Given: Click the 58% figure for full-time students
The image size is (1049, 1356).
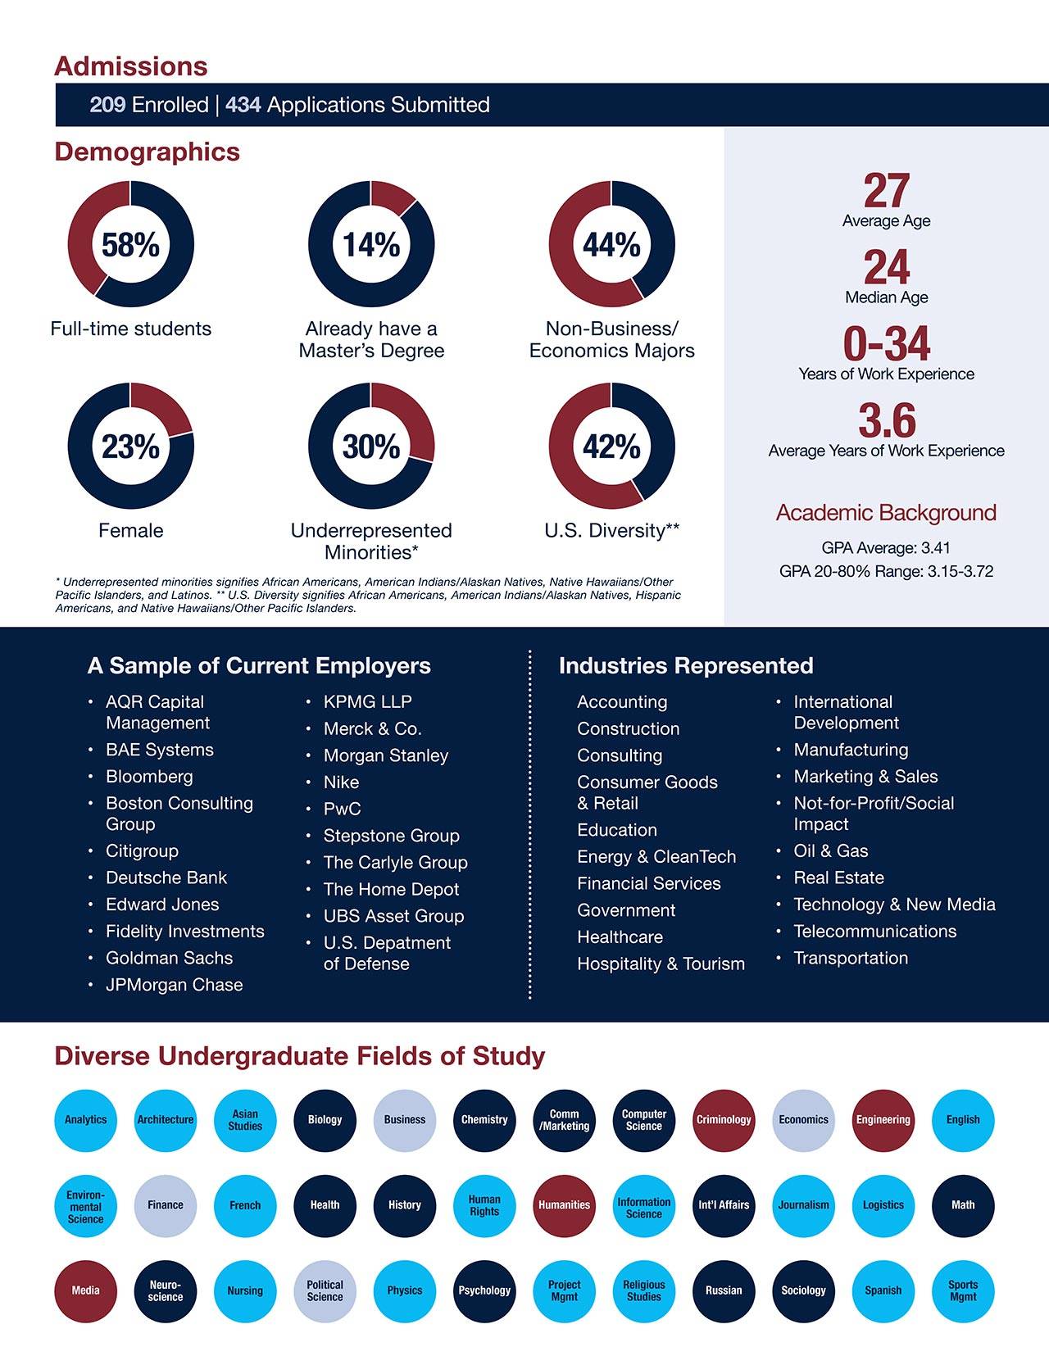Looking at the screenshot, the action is [130, 245].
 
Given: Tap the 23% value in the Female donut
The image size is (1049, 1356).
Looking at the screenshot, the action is [130, 447].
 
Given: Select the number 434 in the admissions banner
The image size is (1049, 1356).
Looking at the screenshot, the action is [243, 105].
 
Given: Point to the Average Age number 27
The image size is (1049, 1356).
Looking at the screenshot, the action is [886, 191].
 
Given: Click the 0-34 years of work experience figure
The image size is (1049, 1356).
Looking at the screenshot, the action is [886, 344].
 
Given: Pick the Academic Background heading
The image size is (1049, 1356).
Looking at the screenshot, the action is [885, 513].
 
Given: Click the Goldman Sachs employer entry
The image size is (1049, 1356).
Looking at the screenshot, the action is [169, 958].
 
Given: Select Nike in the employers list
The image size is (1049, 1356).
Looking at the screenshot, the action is [342, 782].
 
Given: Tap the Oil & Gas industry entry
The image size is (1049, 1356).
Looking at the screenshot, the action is [830, 850].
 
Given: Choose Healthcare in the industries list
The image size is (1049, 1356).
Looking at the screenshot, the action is [620, 937].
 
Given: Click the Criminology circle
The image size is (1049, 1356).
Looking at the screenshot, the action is [724, 1120].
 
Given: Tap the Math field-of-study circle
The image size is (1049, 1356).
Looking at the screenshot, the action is [963, 1205].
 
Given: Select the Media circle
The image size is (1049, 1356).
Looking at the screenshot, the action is [85, 1290].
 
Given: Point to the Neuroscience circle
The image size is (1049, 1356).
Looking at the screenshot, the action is [166, 1290].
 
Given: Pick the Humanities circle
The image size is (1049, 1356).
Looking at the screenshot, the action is [564, 1205].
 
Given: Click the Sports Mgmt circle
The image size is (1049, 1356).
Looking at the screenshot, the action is [963, 1290].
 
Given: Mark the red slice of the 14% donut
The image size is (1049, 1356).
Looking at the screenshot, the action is [391, 196].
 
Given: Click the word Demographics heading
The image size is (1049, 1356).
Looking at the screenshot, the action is [148, 152].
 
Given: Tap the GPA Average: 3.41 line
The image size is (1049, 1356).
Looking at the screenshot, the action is [885, 548].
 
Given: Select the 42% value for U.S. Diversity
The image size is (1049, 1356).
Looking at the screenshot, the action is [611, 447].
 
